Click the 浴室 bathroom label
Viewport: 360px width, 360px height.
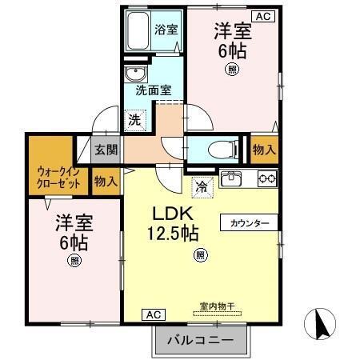pyautogui.click(x=166, y=28)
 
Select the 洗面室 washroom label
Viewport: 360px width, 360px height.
pyautogui.click(x=152, y=90)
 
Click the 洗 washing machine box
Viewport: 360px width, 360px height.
pyautogui.click(x=135, y=120)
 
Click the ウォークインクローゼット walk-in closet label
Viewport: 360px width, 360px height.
pyautogui.click(x=58, y=176)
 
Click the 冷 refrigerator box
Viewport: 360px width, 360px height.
pyautogui.click(x=201, y=188)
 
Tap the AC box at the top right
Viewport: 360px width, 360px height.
pyautogui.click(x=261, y=15)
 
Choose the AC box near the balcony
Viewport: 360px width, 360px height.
pyautogui.click(x=152, y=314)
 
